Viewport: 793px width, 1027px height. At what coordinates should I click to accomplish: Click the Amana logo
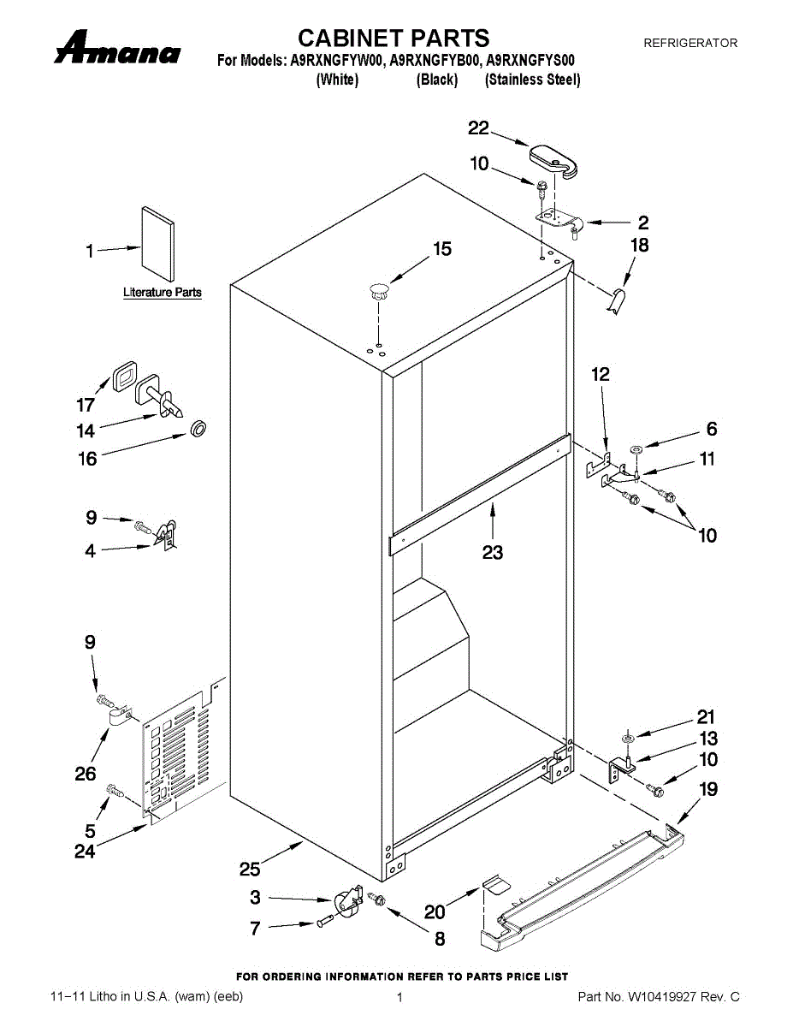pyautogui.click(x=117, y=49)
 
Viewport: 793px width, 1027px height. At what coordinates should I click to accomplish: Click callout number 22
pyautogui.click(x=478, y=128)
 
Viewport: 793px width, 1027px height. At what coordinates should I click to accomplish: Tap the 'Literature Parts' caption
pyautogui.click(x=163, y=293)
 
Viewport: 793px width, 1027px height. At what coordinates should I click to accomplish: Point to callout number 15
pyautogui.click(x=441, y=249)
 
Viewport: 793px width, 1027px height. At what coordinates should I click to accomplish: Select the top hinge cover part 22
pyautogui.click(x=555, y=160)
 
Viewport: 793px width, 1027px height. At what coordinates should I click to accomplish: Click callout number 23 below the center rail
pyautogui.click(x=493, y=553)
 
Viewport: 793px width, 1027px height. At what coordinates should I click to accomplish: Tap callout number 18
pyautogui.click(x=639, y=246)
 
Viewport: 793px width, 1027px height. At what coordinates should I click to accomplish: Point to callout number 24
pyautogui.click(x=85, y=852)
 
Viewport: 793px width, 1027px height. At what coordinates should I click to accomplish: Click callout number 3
pyautogui.click(x=255, y=898)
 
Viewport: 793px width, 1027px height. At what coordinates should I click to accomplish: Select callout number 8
pyautogui.click(x=440, y=939)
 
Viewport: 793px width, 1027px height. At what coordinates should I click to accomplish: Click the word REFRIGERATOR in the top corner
pyautogui.click(x=689, y=43)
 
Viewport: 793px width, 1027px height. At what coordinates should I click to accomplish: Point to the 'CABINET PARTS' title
pyautogui.click(x=394, y=38)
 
